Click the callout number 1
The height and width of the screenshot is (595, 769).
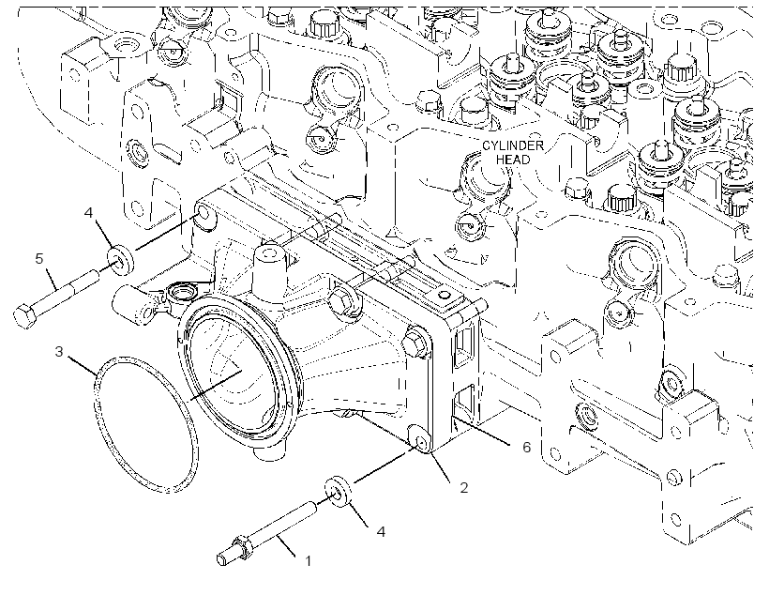coord(308,560)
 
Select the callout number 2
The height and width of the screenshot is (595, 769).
coord(463,487)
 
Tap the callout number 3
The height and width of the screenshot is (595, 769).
coord(59,352)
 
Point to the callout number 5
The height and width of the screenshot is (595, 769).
coord(39,258)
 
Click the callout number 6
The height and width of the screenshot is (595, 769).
coord(526,447)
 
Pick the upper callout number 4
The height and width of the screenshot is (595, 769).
coord(88,213)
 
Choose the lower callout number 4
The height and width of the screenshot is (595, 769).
coord(381,531)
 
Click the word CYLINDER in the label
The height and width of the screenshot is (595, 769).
coord(513,145)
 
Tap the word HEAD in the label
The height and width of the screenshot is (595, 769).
coord(513,160)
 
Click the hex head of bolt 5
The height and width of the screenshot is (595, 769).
coord(24,315)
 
